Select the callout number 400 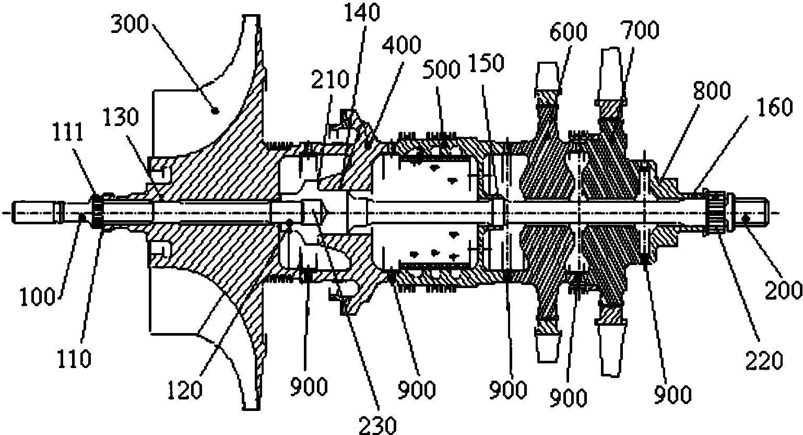tap(401, 47)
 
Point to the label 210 tap(329, 81)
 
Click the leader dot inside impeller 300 tap(215, 110)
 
